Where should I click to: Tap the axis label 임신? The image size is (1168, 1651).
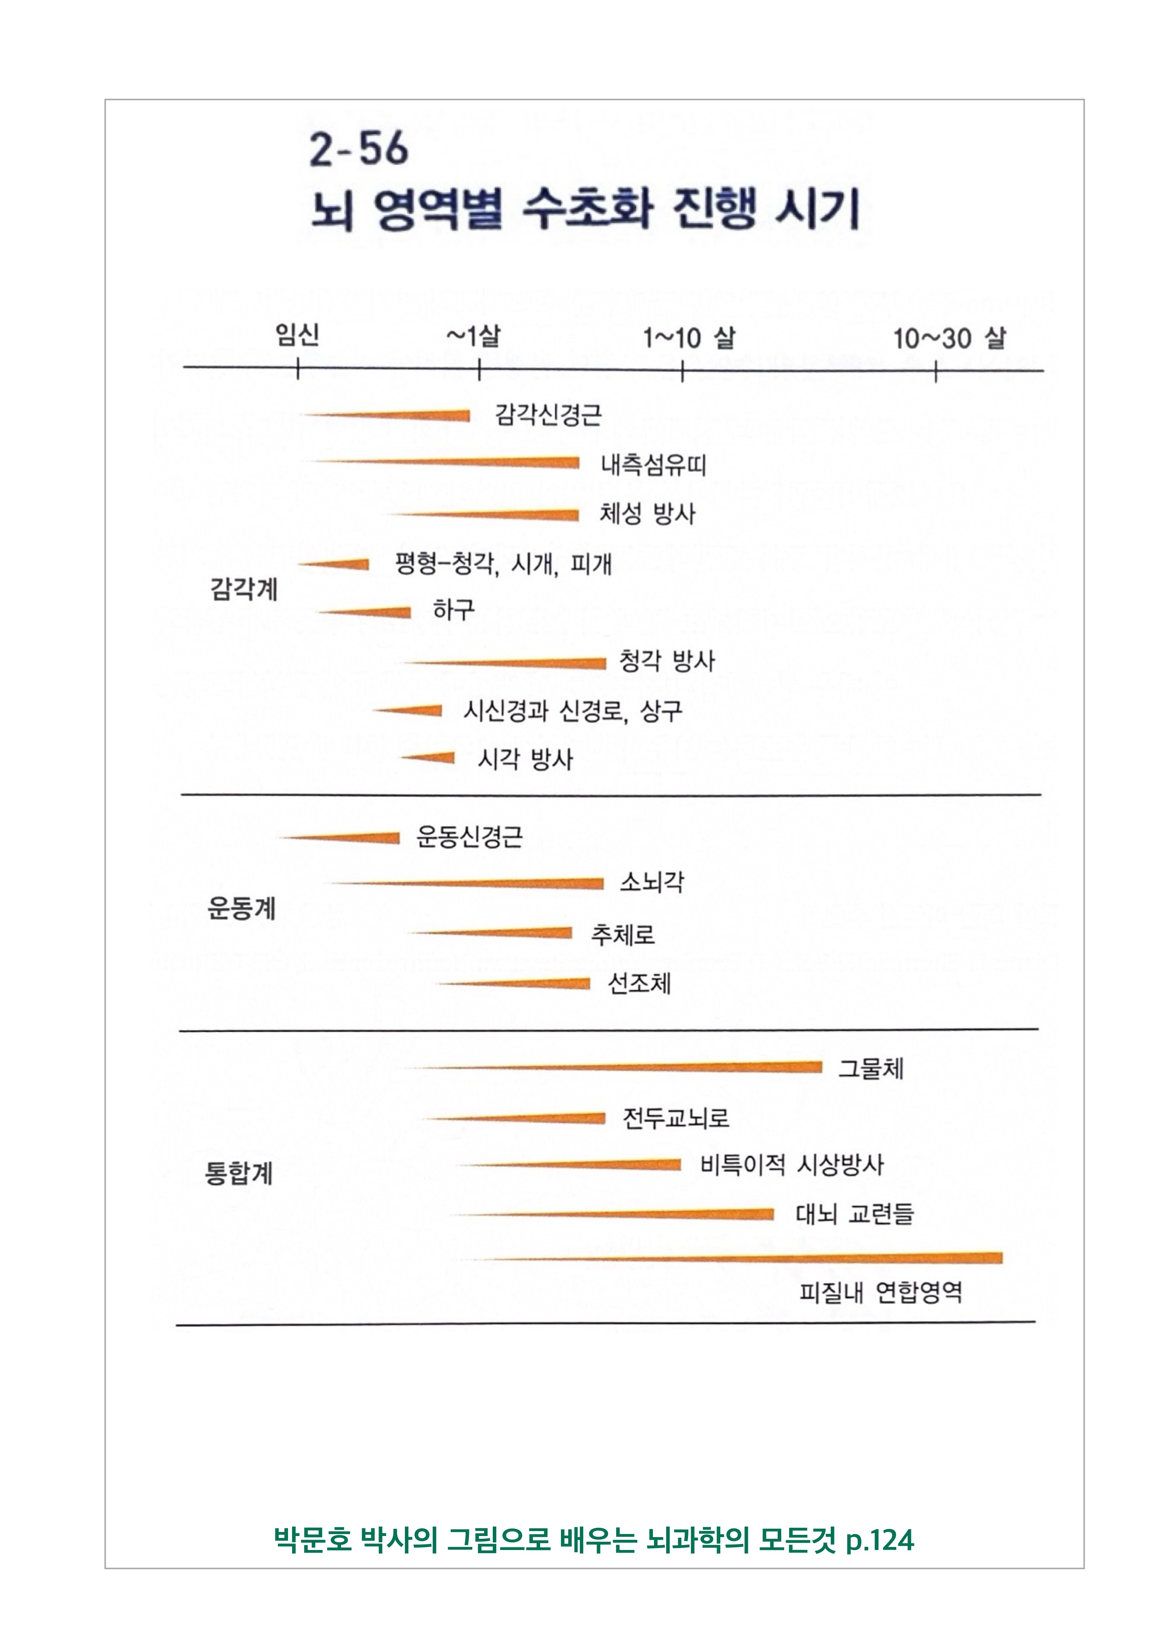tap(297, 335)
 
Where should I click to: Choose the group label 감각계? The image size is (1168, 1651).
tap(243, 590)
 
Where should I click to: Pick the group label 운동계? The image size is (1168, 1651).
tap(241, 909)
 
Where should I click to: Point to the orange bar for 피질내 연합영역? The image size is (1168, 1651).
tap(791, 1258)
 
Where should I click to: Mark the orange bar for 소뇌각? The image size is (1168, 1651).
tap(503, 883)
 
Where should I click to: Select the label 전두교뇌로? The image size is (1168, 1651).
tap(676, 1118)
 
